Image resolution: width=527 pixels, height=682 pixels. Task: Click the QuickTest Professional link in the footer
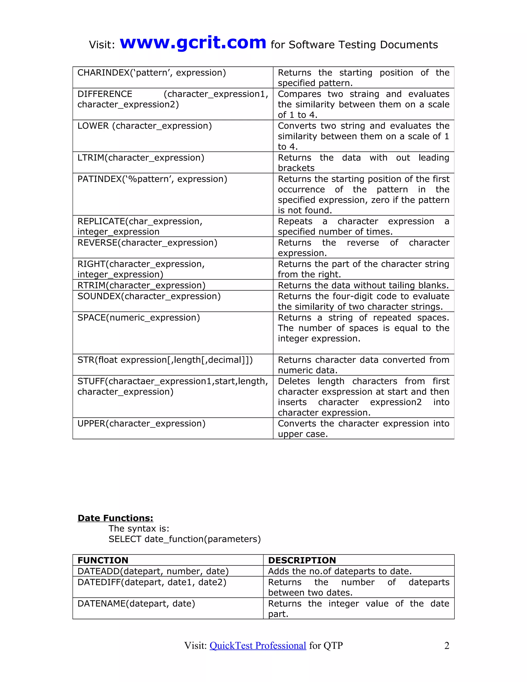[x=258, y=645]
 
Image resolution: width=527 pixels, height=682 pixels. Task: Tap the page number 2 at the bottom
[x=446, y=645]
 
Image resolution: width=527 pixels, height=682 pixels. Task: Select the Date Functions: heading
[x=115, y=518]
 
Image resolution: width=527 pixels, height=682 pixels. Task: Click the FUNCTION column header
[x=103, y=560]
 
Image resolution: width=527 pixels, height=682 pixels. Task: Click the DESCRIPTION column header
[x=302, y=560]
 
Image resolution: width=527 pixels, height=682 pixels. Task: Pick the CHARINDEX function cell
[x=151, y=73]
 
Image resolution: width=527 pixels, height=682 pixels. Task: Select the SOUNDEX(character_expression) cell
[x=149, y=296]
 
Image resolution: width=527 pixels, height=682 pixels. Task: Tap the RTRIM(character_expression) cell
[x=142, y=285]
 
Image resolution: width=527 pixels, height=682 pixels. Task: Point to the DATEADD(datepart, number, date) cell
[x=153, y=571]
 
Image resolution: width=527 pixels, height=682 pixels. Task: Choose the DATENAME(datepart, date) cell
[x=136, y=603]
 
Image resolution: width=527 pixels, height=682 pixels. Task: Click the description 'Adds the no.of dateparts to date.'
[x=340, y=571]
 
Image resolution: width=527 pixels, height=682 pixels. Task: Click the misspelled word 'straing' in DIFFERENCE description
[x=364, y=94]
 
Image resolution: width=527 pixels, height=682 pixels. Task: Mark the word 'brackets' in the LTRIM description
[x=296, y=168]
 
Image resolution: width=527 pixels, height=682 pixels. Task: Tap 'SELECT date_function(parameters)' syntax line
[x=185, y=539]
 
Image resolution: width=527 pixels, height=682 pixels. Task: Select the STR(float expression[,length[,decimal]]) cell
[x=165, y=360]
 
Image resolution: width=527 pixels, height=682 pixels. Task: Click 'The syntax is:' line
[x=139, y=528]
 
